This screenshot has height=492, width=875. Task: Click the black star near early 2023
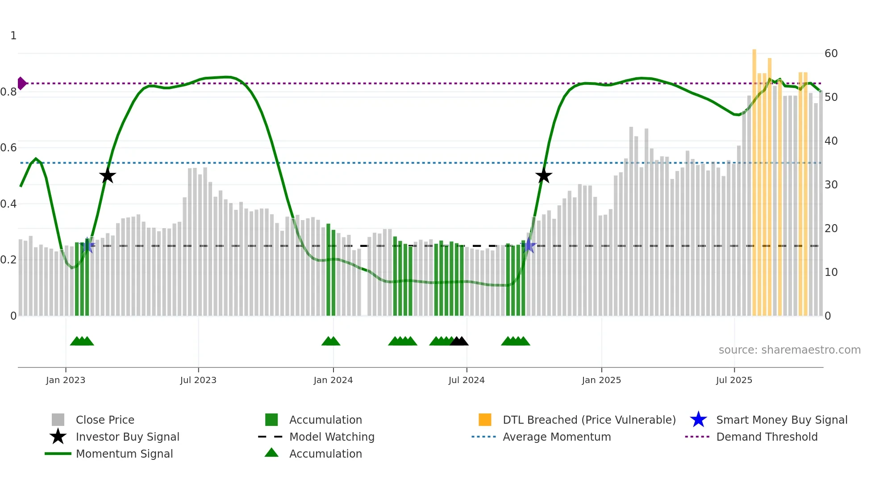(108, 176)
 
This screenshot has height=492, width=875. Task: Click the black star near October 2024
(544, 176)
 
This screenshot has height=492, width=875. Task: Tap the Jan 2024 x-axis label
(333, 380)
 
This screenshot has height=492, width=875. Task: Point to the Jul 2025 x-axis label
(734, 380)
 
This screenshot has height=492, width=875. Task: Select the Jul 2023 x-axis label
(198, 380)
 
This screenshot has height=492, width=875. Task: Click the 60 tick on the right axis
(831, 54)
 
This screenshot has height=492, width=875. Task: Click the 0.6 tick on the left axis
(8, 148)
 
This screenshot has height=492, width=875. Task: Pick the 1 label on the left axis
(13, 36)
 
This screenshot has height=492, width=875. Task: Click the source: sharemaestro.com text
(789, 350)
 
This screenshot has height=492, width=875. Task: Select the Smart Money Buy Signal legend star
(698, 420)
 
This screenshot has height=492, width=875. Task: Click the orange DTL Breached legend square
(485, 420)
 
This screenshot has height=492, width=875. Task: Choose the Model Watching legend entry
(332, 437)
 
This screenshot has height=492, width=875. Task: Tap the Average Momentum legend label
(557, 437)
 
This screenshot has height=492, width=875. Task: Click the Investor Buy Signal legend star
(58, 437)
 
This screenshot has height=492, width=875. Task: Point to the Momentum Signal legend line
(58, 454)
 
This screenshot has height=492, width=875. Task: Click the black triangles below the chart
(459, 342)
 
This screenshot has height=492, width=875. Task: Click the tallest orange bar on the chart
(754, 179)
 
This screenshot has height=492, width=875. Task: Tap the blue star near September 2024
(529, 245)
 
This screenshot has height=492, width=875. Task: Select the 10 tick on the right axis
(831, 272)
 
